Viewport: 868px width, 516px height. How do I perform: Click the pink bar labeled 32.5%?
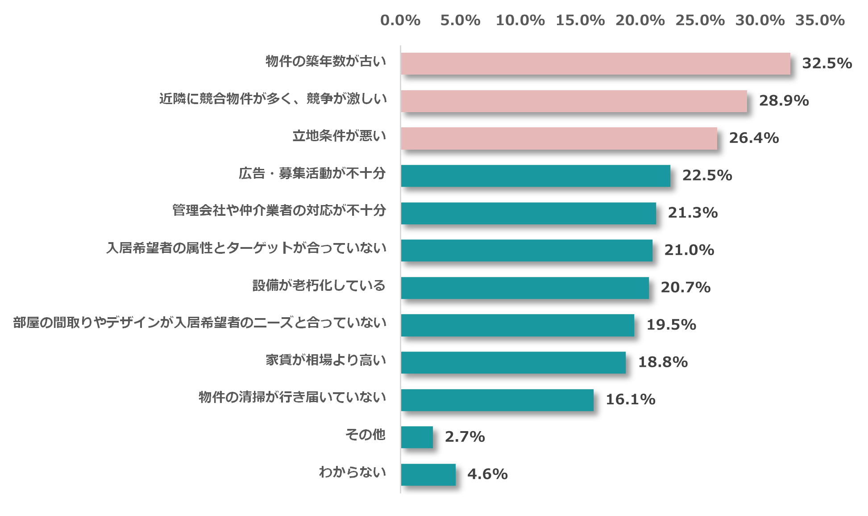point(595,63)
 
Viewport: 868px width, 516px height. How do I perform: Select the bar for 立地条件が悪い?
point(559,138)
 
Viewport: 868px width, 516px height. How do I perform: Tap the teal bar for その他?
point(417,437)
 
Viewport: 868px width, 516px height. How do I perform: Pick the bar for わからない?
point(428,474)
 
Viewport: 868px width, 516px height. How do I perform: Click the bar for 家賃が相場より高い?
point(513,362)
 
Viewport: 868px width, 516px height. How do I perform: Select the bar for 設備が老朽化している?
point(525,288)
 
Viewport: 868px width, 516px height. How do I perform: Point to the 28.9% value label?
point(784,101)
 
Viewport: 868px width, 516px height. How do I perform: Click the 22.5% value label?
point(707,176)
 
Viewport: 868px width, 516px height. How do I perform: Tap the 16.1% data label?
point(630,399)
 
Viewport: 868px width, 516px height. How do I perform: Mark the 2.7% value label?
point(465,437)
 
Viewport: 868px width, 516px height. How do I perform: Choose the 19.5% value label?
point(671,325)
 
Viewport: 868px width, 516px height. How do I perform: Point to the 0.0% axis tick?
point(400,21)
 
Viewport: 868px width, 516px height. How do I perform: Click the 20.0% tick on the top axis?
point(640,21)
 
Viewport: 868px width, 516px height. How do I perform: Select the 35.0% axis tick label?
point(820,21)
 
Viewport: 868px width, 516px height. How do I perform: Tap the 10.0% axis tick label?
point(520,21)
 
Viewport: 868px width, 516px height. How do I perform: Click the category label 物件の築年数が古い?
point(326,62)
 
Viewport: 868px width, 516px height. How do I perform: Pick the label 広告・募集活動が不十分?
point(312,174)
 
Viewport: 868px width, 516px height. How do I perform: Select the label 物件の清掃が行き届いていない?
point(292,398)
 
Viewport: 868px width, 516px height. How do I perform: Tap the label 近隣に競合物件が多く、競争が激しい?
point(273,99)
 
